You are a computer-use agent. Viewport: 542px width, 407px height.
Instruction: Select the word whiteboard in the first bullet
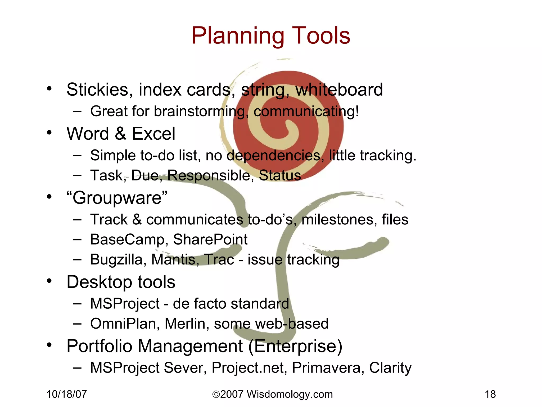click(339, 90)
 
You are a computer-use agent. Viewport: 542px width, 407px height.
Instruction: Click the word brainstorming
click(200, 111)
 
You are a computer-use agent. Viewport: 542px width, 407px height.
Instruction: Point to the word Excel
click(153, 134)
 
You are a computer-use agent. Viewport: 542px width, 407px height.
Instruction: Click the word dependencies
click(274, 156)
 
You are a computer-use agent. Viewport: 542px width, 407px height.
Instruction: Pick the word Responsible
click(209, 175)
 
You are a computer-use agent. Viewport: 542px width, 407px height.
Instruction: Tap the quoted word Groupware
click(117, 198)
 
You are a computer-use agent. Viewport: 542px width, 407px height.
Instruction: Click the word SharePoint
click(210, 240)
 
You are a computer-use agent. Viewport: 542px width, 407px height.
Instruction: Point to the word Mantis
click(175, 260)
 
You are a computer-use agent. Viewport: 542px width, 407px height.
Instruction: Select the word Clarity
click(390, 368)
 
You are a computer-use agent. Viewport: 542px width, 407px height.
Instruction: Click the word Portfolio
click(99, 346)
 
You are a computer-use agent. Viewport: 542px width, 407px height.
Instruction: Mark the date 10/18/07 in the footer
click(67, 394)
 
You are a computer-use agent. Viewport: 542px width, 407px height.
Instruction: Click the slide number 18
click(490, 394)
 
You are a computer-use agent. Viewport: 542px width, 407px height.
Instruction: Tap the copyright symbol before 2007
click(216, 395)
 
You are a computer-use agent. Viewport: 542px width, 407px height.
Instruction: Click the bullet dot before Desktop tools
click(49, 281)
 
